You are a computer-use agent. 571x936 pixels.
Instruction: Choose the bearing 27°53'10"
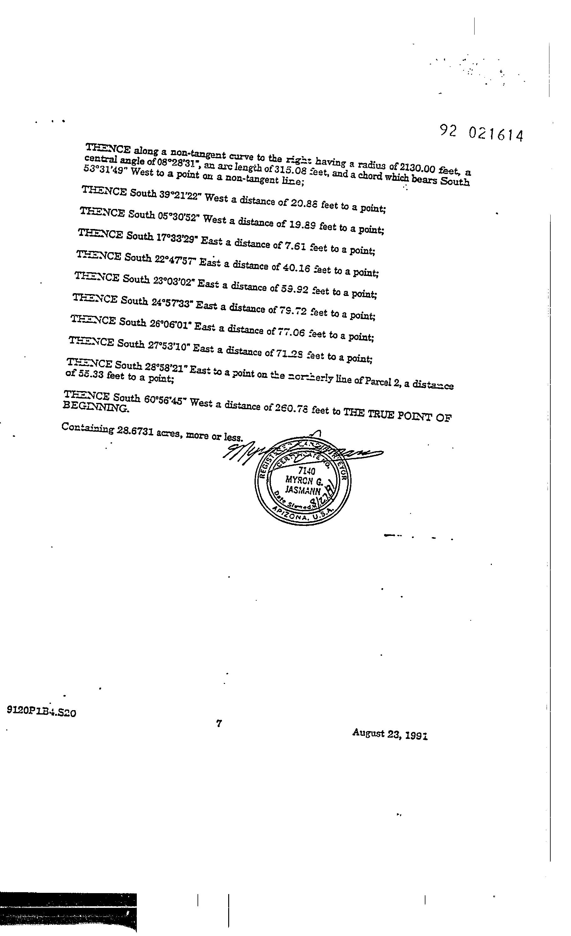pyautogui.click(x=169, y=346)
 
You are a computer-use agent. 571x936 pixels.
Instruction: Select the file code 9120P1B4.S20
pyautogui.click(x=41, y=711)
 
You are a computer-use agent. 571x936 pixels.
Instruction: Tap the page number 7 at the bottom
pyautogui.click(x=219, y=724)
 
